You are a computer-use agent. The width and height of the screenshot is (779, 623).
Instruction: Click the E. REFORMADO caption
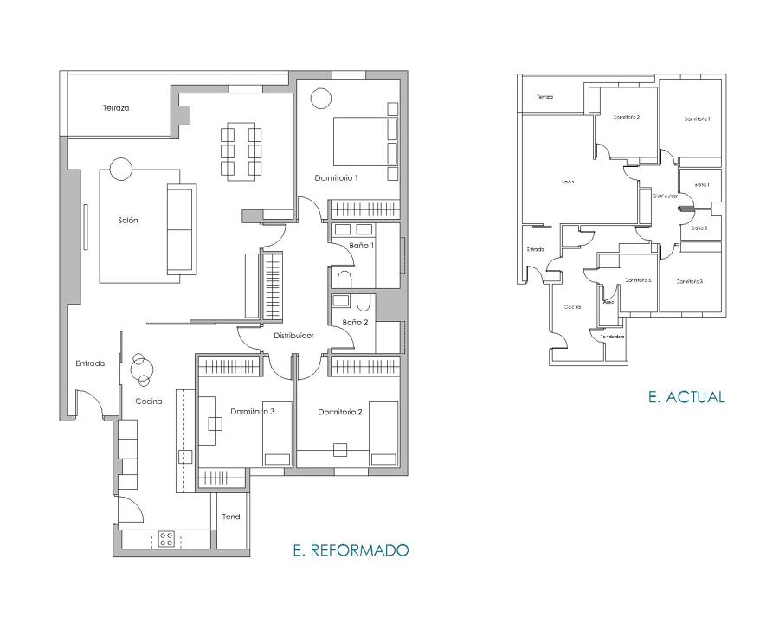click(x=351, y=549)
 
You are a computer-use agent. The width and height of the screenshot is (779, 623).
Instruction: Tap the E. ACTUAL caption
click(x=686, y=397)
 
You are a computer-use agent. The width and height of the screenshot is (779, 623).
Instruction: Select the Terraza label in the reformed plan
click(x=115, y=108)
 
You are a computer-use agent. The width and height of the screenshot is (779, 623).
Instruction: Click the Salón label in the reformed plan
click(x=128, y=220)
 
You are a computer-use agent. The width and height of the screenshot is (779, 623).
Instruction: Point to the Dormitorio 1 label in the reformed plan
click(x=337, y=177)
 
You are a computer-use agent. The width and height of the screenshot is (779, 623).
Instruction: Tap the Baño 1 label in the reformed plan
click(x=362, y=246)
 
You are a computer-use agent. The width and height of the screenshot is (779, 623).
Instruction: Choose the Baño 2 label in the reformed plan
click(x=354, y=322)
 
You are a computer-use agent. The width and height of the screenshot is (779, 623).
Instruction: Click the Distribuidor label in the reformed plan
click(x=293, y=336)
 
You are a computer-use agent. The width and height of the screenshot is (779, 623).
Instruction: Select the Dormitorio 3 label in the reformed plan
click(x=252, y=412)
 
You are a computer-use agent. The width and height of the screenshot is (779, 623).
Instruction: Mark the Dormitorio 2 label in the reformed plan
click(x=339, y=412)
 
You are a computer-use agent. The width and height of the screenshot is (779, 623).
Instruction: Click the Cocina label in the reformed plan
click(x=148, y=401)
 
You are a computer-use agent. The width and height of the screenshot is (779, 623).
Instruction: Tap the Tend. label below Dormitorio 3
click(x=232, y=517)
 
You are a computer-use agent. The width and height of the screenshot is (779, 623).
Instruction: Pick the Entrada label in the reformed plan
click(x=89, y=363)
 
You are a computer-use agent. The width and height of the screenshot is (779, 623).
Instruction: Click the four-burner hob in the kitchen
click(x=164, y=540)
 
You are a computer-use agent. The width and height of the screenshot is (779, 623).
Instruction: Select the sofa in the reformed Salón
click(x=180, y=229)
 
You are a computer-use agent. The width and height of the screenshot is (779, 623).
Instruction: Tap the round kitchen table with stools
click(x=141, y=370)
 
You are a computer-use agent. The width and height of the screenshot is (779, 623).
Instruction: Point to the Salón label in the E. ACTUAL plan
click(x=567, y=182)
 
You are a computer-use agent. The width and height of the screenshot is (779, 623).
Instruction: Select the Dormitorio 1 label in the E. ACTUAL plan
click(x=697, y=119)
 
